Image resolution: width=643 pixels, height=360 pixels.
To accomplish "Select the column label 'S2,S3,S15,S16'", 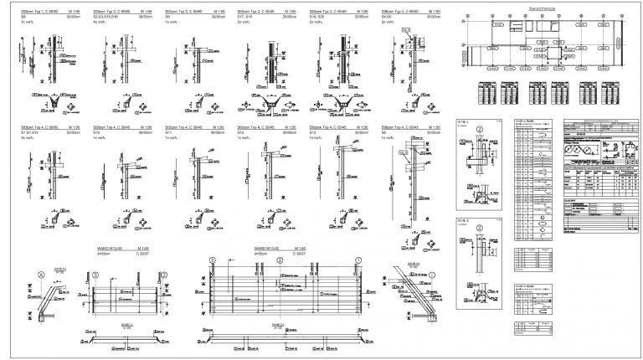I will point(107,16).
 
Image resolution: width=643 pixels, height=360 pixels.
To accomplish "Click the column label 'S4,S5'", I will point(385,16).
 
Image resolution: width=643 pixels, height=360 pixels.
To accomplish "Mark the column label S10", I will point(97,132).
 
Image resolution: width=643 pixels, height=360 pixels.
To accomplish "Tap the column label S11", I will point(169,132).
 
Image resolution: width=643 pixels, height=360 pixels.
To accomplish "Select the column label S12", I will point(241,132).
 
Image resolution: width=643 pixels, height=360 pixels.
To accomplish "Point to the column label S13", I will point(313,132).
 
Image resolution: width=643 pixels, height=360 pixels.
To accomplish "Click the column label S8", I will point(384,132).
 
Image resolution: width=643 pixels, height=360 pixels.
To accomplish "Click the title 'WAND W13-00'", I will point(266,249).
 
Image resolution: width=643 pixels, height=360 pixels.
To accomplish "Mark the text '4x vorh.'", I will point(99,21).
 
